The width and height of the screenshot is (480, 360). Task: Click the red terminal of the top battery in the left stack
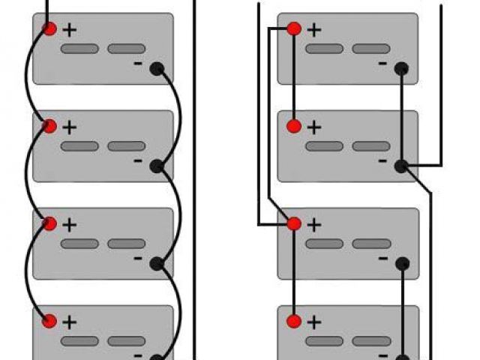pyautogui.click(x=49, y=29)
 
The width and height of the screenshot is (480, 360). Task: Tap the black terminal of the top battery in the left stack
pyautogui.click(x=157, y=69)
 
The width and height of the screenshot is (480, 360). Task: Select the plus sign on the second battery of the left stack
pyautogui.click(x=70, y=127)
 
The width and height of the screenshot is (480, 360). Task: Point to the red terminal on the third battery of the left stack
pyautogui.click(x=49, y=223)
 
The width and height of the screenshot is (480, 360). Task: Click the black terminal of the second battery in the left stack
pyautogui.click(x=157, y=166)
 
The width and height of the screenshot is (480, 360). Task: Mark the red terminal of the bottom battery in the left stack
pyautogui.click(x=49, y=321)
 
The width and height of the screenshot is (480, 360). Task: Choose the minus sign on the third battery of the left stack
pyautogui.click(x=138, y=258)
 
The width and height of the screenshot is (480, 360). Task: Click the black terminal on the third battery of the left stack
pyautogui.click(x=157, y=263)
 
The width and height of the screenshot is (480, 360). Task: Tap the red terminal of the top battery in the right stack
pyautogui.click(x=294, y=29)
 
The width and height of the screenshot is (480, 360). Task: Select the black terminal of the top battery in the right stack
pyautogui.click(x=401, y=69)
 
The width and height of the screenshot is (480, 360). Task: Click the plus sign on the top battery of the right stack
pyautogui.click(x=314, y=30)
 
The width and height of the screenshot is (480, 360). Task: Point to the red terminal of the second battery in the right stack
pyautogui.click(x=294, y=126)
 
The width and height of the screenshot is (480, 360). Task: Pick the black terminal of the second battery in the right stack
pyautogui.click(x=401, y=166)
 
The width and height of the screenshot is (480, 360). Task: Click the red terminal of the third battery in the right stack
pyautogui.click(x=294, y=223)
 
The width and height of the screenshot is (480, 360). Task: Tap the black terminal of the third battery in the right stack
pyautogui.click(x=401, y=263)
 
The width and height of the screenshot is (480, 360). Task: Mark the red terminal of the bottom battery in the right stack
pyautogui.click(x=294, y=321)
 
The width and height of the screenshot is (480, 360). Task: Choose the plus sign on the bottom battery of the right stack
pyautogui.click(x=314, y=322)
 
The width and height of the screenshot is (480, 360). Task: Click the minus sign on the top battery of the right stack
pyautogui.click(x=382, y=64)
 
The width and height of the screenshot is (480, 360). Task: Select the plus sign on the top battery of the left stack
pyautogui.click(x=70, y=30)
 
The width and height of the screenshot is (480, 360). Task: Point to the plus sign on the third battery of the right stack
pyautogui.click(x=314, y=224)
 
